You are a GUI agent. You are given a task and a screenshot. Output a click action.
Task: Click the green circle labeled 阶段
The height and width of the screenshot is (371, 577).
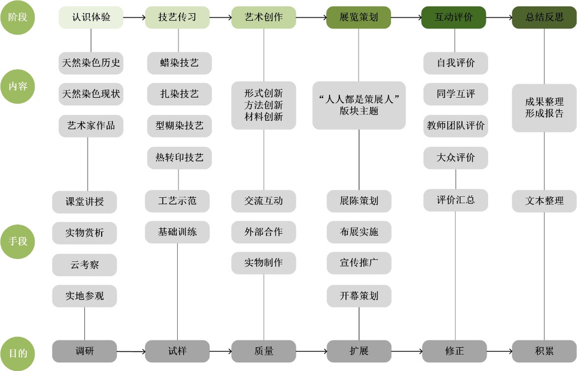pyautogui.click(x=17, y=17)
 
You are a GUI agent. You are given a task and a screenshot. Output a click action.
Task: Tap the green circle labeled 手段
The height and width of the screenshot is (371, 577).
pyautogui.click(x=17, y=242)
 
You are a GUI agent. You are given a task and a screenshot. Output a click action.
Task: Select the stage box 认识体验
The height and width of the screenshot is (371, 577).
pyautogui.click(x=91, y=17)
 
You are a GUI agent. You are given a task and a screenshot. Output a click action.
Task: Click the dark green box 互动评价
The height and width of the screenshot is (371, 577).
pyautogui.click(x=453, y=17)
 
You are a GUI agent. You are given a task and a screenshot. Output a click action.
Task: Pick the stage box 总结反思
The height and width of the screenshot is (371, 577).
pyautogui.click(x=544, y=17)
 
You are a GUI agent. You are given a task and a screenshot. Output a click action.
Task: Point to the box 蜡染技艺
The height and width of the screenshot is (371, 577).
pyautogui.click(x=179, y=63)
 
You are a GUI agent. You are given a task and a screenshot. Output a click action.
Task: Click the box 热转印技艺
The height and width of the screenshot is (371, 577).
pyautogui.click(x=179, y=158)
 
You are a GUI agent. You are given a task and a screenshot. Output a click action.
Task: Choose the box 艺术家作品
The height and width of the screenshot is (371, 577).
pyautogui.click(x=91, y=126)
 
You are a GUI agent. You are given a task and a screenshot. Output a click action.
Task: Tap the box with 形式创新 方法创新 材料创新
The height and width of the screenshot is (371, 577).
pyautogui.click(x=263, y=105)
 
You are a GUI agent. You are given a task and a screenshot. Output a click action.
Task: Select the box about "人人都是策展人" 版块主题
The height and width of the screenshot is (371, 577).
pyautogui.click(x=359, y=105)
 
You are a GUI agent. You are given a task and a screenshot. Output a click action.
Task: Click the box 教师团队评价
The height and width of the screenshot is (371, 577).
pyautogui.click(x=456, y=126)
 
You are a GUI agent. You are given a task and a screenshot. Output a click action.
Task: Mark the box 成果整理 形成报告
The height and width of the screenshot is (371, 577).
pyautogui.click(x=544, y=108)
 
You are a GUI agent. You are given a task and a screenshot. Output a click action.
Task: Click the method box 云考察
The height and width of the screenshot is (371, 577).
pyautogui.click(x=84, y=265)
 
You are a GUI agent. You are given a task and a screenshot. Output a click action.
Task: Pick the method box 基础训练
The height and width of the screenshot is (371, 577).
pyautogui.click(x=177, y=232)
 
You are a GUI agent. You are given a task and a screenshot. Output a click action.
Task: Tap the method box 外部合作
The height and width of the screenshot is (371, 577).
pyautogui.click(x=263, y=232)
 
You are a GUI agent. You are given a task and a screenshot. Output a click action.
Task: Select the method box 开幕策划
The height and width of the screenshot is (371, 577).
pyautogui.click(x=359, y=296)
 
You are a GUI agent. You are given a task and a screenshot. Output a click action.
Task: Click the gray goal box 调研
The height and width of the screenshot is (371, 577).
pyautogui.click(x=84, y=351)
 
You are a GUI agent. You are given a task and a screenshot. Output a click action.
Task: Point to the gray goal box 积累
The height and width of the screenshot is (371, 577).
pyautogui.click(x=544, y=351)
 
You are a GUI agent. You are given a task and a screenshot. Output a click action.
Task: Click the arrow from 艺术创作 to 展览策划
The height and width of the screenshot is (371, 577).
pyautogui.click(x=311, y=17)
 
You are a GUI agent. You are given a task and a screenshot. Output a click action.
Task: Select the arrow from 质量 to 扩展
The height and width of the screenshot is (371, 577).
pyautogui.click(x=311, y=351)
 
